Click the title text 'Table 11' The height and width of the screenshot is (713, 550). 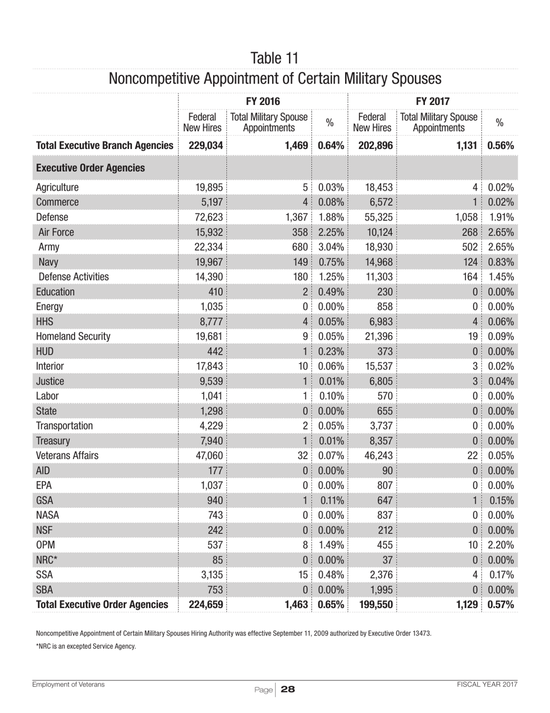275,58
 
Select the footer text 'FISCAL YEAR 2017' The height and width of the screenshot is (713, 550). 486,685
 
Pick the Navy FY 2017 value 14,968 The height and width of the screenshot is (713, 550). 376,263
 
